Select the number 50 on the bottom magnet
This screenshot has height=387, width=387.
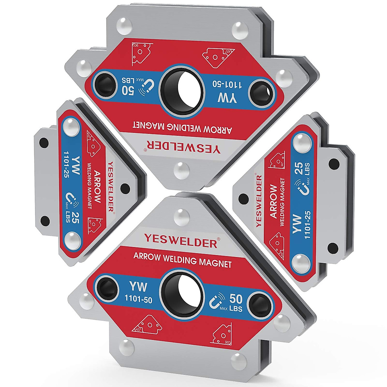[236, 298]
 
